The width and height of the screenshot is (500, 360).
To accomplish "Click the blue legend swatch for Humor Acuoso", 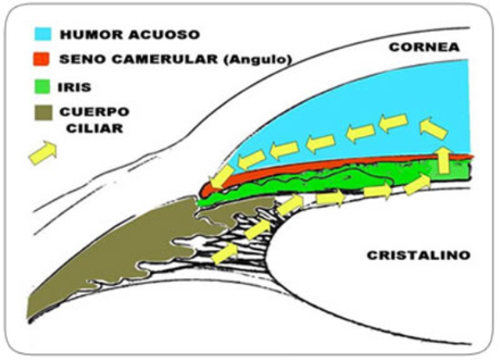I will (42, 34).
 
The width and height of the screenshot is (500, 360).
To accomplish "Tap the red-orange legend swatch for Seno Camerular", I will (42, 59).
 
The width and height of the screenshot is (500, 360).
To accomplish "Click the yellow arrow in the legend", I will (43, 152).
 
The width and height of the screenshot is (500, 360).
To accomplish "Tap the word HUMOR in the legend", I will (90, 35).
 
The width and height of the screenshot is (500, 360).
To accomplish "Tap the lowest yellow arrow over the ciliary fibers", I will (223, 252).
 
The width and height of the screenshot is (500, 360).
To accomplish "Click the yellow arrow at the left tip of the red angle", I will (221, 176).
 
